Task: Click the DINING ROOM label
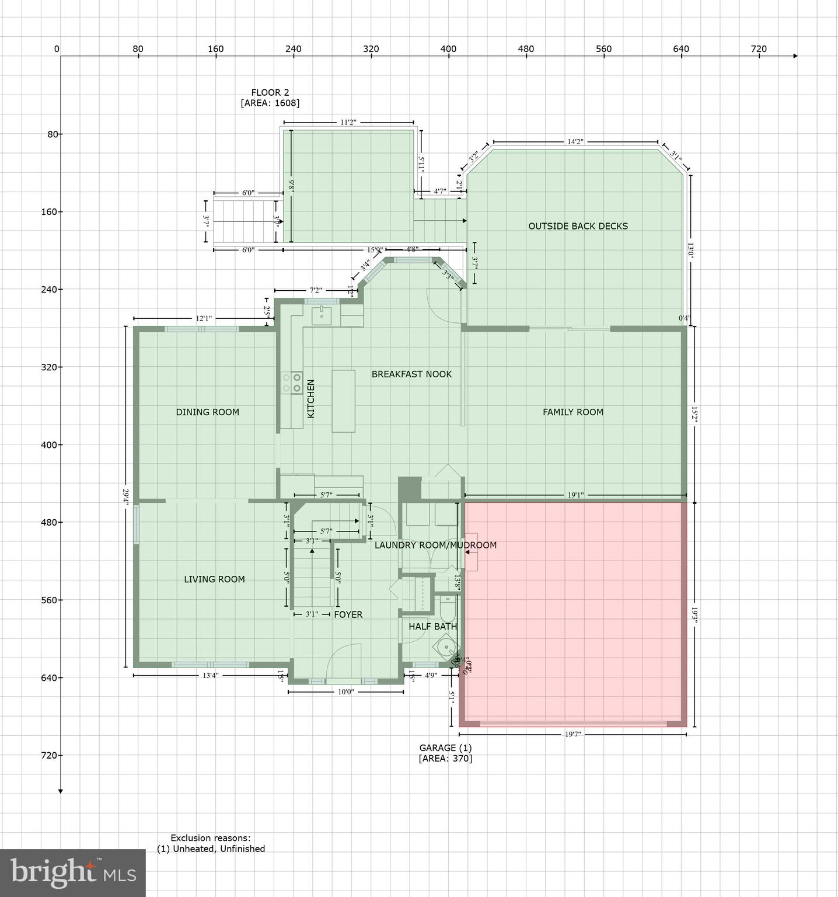coord(207,412)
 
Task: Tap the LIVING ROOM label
coord(214,579)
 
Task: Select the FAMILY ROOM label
coord(572,412)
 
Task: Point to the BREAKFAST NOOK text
coord(411,374)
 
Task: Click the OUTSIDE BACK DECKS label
coord(578,227)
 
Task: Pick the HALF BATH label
coord(432,627)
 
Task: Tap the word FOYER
coord(348,614)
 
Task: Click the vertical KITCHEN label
coord(311,398)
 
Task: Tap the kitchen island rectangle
coord(343,401)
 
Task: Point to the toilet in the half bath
coord(448,610)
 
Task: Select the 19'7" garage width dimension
coord(573,735)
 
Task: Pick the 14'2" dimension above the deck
coord(575,142)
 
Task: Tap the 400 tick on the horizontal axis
coord(448,49)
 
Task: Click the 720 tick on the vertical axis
coord(51,755)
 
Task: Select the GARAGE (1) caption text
coord(445,748)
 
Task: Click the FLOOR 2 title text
coord(270,92)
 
